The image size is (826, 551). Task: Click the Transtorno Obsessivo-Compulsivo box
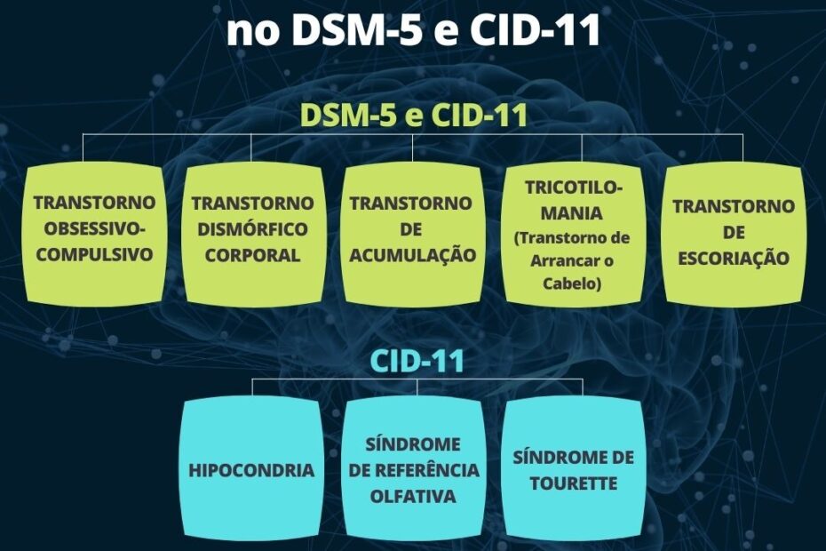pyautogui.click(x=94, y=236)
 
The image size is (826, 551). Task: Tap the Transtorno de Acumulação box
pyautogui.click(x=413, y=236)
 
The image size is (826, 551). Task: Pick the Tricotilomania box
pyautogui.click(x=574, y=236)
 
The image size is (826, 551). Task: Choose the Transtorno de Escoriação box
pyautogui.click(x=734, y=236)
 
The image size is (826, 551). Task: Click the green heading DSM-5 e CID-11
pyautogui.click(x=414, y=115)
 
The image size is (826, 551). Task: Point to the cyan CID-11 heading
pyautogui.click(x=417, y=361)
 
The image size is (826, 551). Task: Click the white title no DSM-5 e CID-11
pyautogui.click(x=414, y=29)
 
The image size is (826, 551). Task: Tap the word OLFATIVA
pyautogui.click(x=413, y=496)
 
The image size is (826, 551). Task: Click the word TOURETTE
pyautogui.click(x=573, y=483)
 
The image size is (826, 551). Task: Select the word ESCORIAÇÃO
pyautogui.click(x=734, y=258)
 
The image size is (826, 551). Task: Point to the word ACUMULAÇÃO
pyautogui.click(x=413, y=255)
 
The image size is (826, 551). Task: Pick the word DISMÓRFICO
pyautogui.click(x=252, y=229)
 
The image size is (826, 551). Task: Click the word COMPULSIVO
pyautogui.click(x=94, y=255)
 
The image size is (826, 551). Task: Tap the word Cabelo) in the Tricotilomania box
pyautogui.click(x=572, y=283)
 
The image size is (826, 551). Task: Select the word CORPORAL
pyautogui.click(x=252, y=255)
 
